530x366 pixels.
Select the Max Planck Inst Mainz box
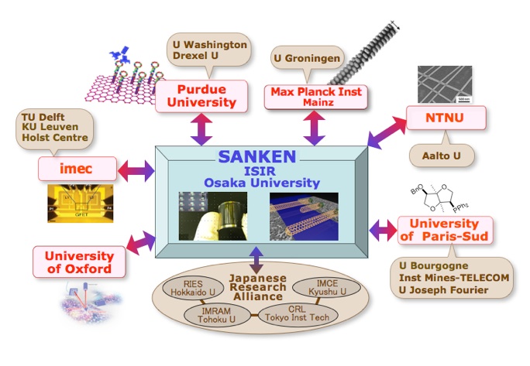(x=316, y=96)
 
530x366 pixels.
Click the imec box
(x=77, y=166)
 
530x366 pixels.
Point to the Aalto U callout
(x=441, y=156)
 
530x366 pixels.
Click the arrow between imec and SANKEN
(x=136, y=169)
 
